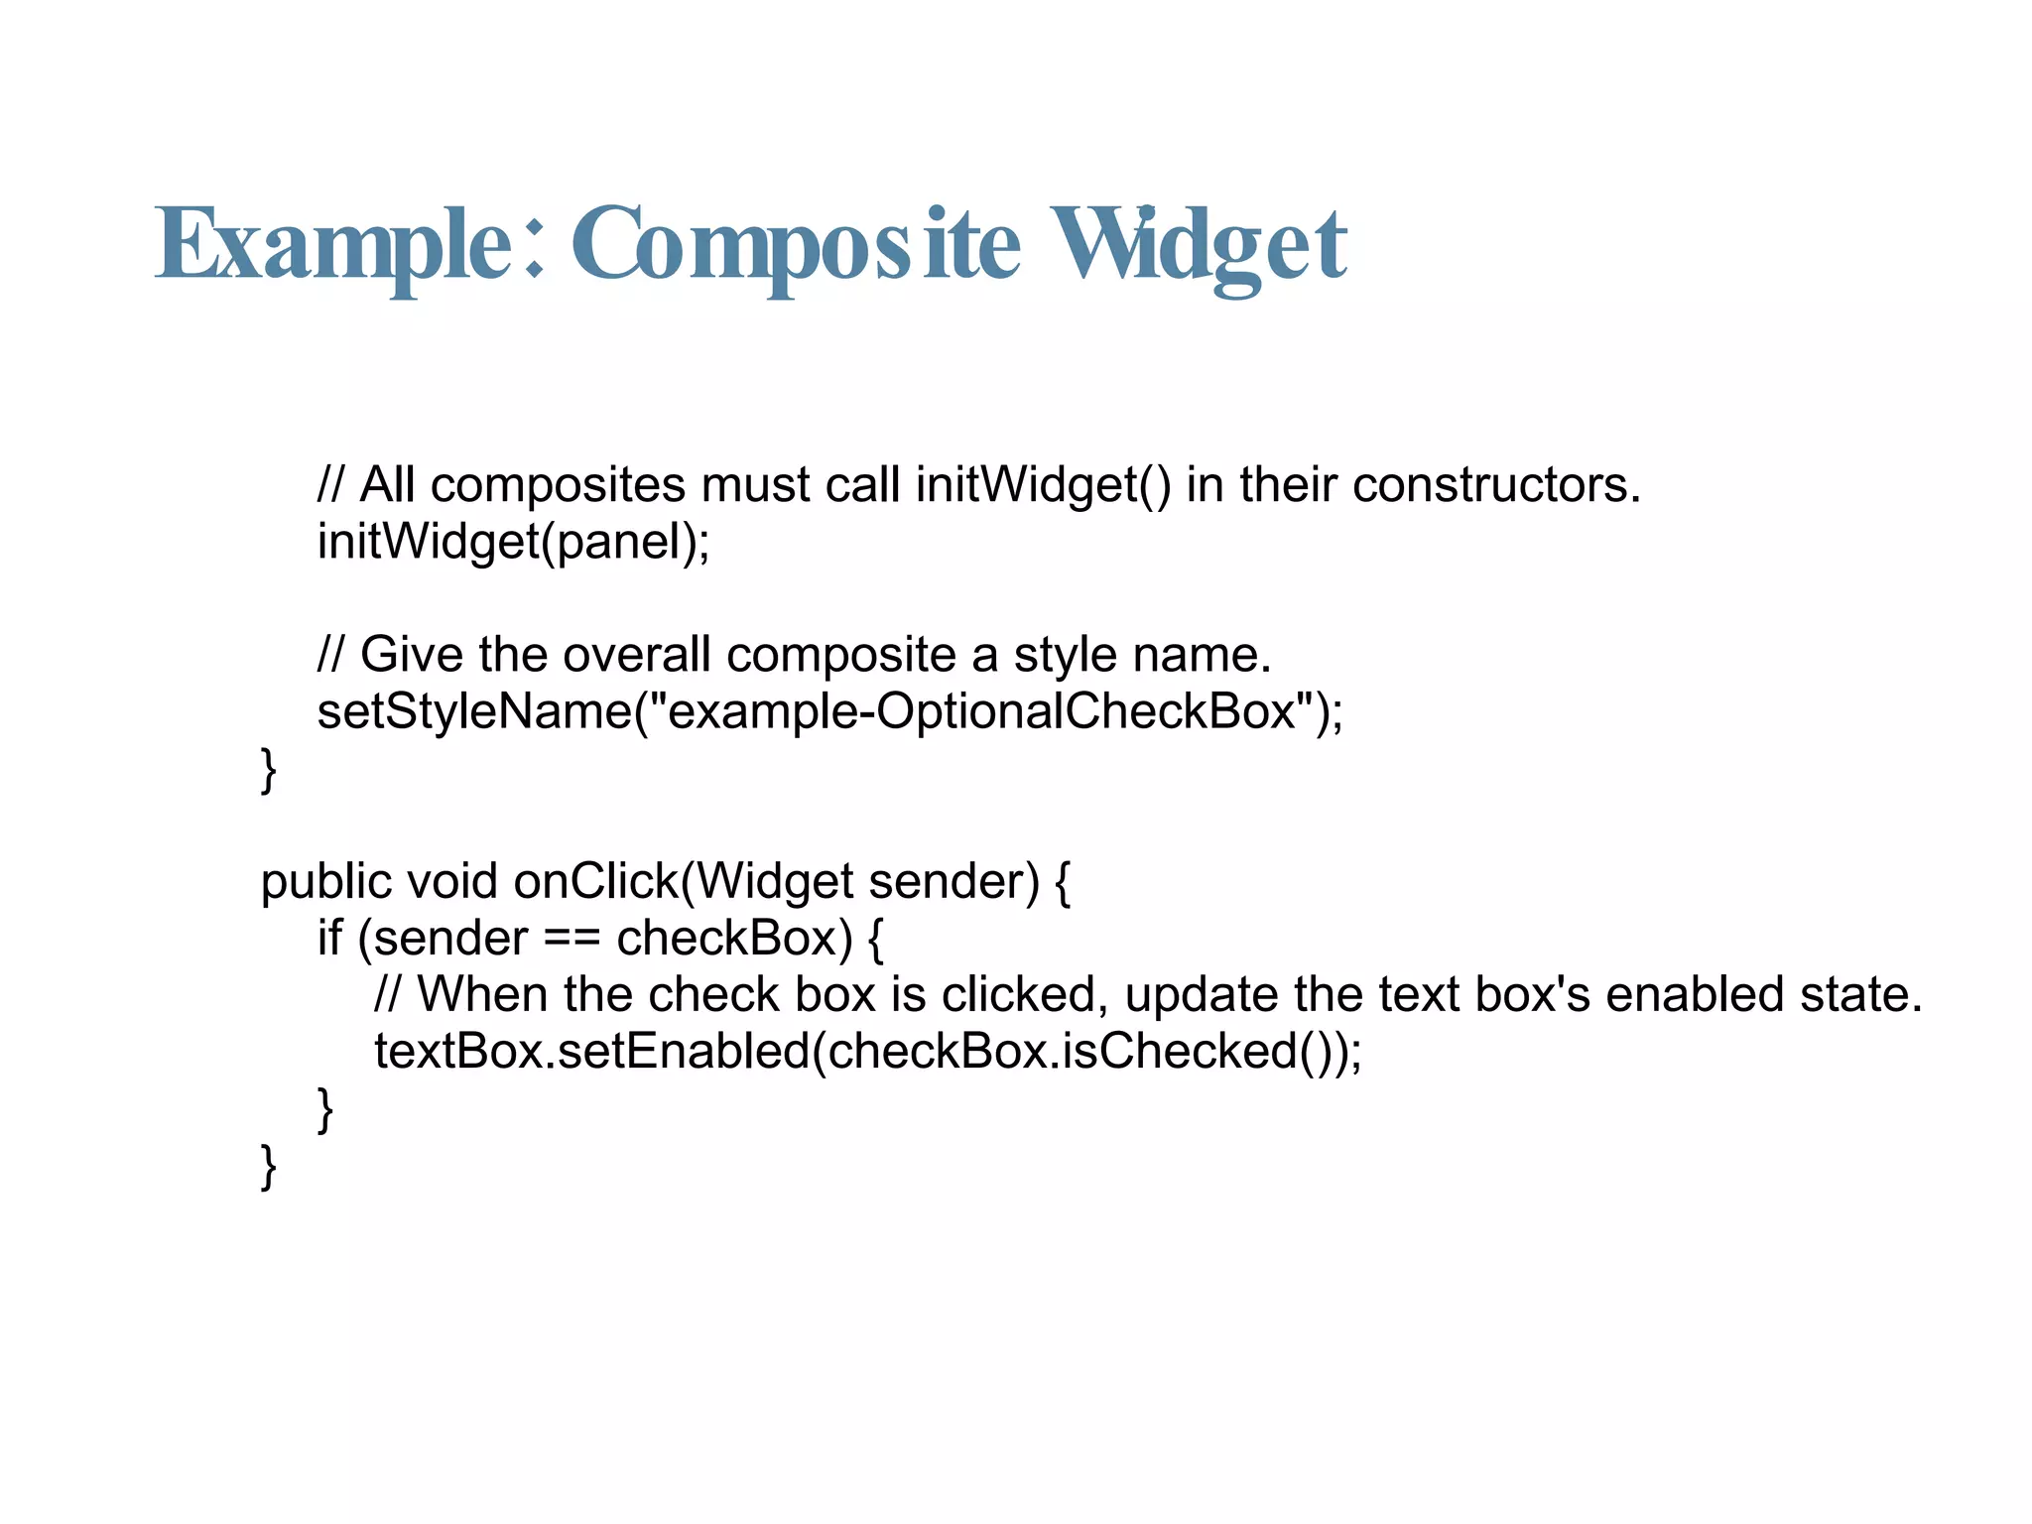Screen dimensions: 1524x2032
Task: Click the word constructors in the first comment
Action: tap(1494, 485)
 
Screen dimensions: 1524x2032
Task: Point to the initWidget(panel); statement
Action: tap(513, 542)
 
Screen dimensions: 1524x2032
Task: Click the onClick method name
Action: tap(595, 881)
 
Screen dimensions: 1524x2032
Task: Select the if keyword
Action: tap(329, 938)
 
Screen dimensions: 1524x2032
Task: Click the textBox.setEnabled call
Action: tap(591, 1052)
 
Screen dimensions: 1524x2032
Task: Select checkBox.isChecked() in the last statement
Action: tap(1081, 1052)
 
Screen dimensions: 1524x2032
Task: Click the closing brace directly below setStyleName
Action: tap(268, 770)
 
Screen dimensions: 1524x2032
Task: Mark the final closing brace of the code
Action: tap(268, 1167)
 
